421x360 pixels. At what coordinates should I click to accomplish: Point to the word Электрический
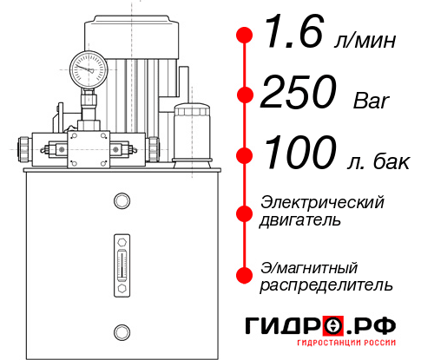coord(322,202)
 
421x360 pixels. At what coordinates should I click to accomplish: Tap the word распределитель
coord(326,285)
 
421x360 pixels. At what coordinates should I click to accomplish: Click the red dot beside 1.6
coord(245,36)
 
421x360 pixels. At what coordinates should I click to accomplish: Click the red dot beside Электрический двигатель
coord(245,212)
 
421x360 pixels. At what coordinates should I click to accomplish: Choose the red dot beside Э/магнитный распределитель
coord(245,275)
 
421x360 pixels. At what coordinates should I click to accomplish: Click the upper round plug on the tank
coord(121,202)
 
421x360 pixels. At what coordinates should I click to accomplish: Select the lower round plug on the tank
coord(121,330)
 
